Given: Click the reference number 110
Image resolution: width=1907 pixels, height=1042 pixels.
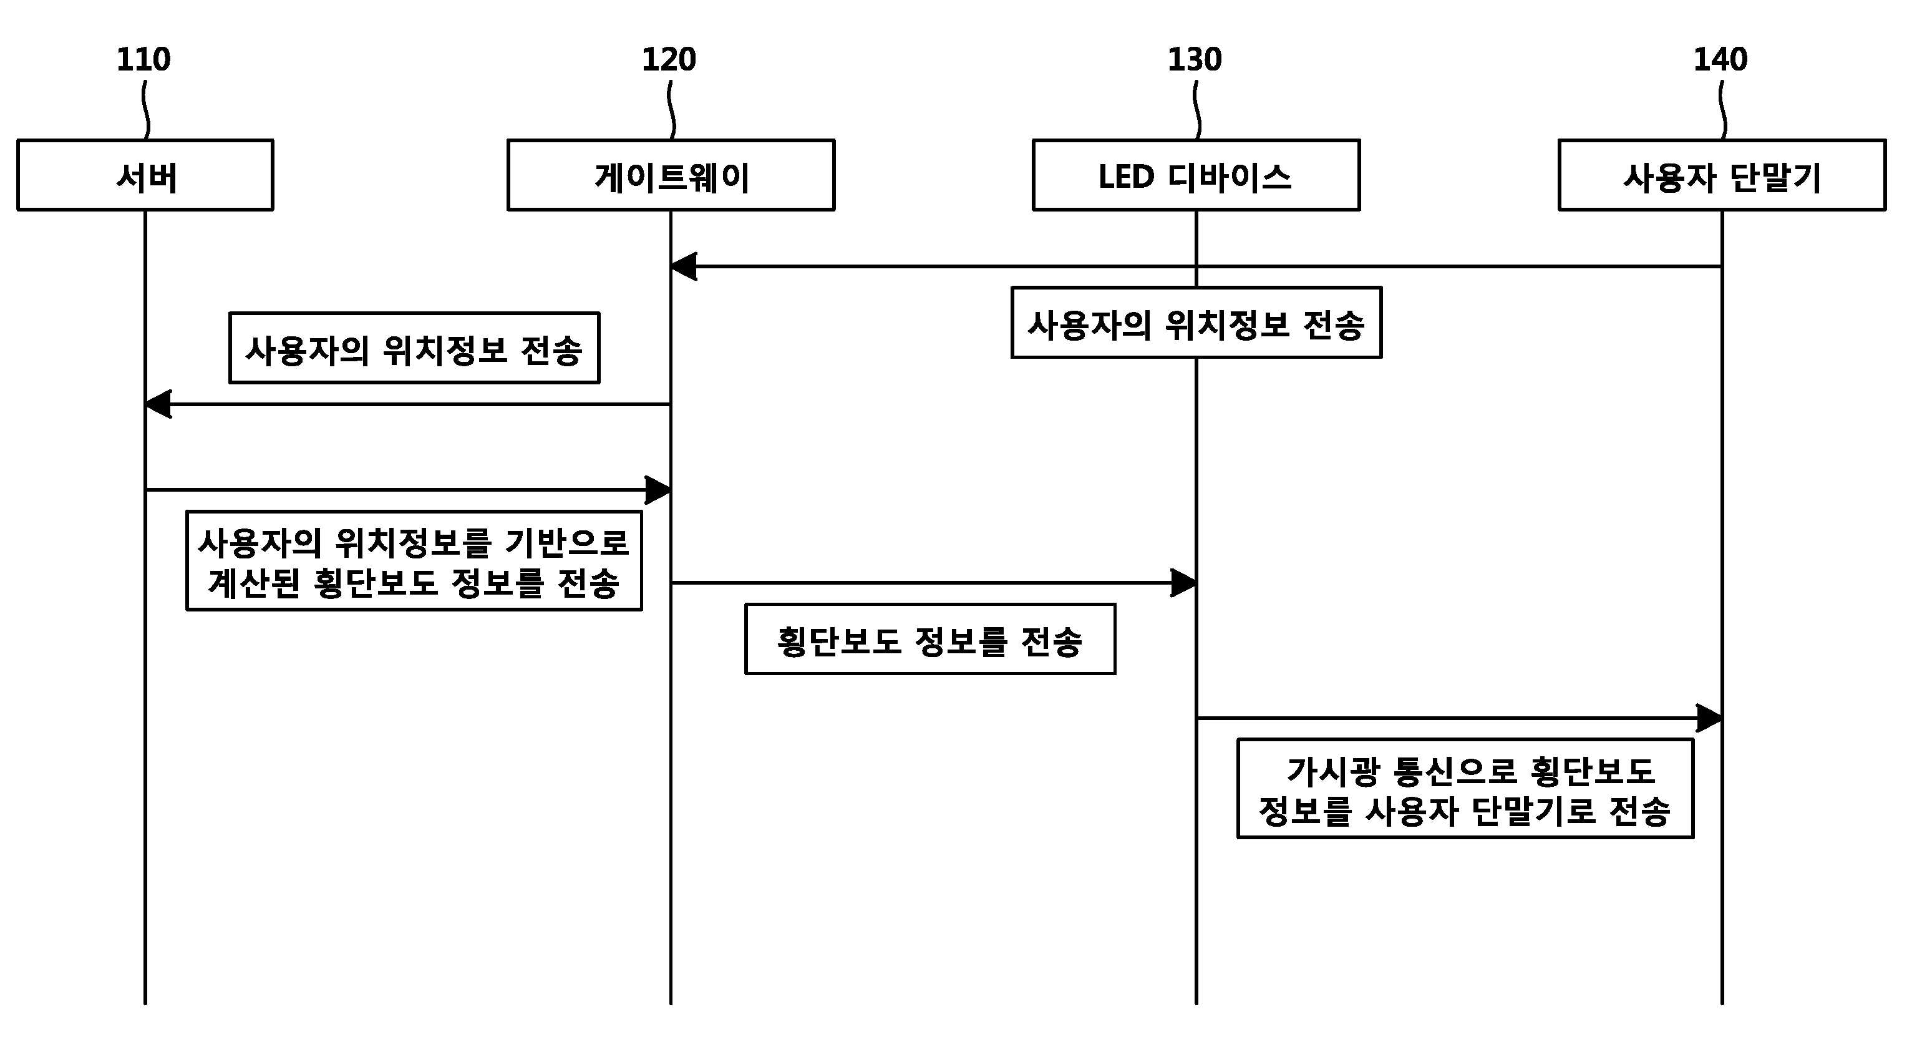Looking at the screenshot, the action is tap(143, 59).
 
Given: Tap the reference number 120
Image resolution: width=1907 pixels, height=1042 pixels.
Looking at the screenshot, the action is tap(669, 59).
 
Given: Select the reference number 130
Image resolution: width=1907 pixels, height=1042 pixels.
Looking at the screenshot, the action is tap(1195, 59).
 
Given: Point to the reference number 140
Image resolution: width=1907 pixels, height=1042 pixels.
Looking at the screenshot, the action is tap(1720, 59).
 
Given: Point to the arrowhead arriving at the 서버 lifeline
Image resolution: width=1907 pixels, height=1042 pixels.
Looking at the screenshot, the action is tap(158, 404).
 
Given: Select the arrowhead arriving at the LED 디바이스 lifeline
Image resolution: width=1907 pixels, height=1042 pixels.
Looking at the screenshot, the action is tap(1185, 583).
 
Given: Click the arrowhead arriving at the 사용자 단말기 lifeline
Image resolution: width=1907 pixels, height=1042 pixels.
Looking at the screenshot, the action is tap(1710, 718).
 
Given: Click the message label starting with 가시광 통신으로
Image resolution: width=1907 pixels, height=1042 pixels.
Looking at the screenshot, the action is tap(1465, 789).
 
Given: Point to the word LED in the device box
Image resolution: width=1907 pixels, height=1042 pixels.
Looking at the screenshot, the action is tap(1126, 177).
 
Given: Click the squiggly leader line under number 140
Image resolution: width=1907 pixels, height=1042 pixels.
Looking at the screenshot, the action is tap(1722, 110).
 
